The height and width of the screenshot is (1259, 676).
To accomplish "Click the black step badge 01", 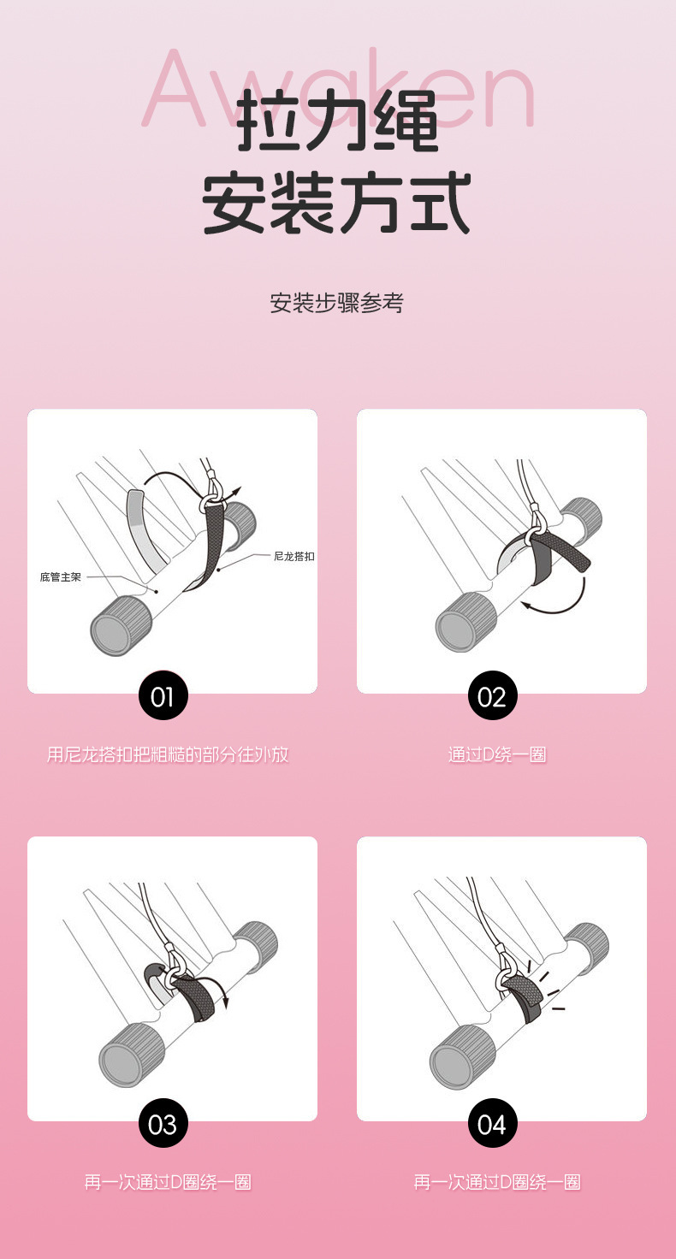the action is [163, 695].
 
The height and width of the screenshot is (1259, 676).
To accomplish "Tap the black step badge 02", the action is [493, 695].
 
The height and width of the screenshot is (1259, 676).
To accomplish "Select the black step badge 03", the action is [163, 1123].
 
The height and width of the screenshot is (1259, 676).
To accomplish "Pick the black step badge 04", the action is [493, 1123].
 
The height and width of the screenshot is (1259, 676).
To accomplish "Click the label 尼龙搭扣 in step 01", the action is [294, 557].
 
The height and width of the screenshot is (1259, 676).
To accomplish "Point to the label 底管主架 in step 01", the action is [61, 577].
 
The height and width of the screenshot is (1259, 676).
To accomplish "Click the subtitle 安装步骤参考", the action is [337, 303].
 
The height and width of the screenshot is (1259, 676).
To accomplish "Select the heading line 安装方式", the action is [336, 203].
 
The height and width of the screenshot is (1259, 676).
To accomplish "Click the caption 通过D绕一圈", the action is [497, 754].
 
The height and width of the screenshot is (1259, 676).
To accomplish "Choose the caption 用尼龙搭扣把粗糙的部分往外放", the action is [168, 754].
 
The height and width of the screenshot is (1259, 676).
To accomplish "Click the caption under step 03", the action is [168, 1182].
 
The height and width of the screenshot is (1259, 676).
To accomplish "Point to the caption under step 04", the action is [497, 1182].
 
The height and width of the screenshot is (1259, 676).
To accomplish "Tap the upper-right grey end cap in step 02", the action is [581, 518].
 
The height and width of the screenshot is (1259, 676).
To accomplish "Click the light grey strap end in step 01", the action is [145, 529].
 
